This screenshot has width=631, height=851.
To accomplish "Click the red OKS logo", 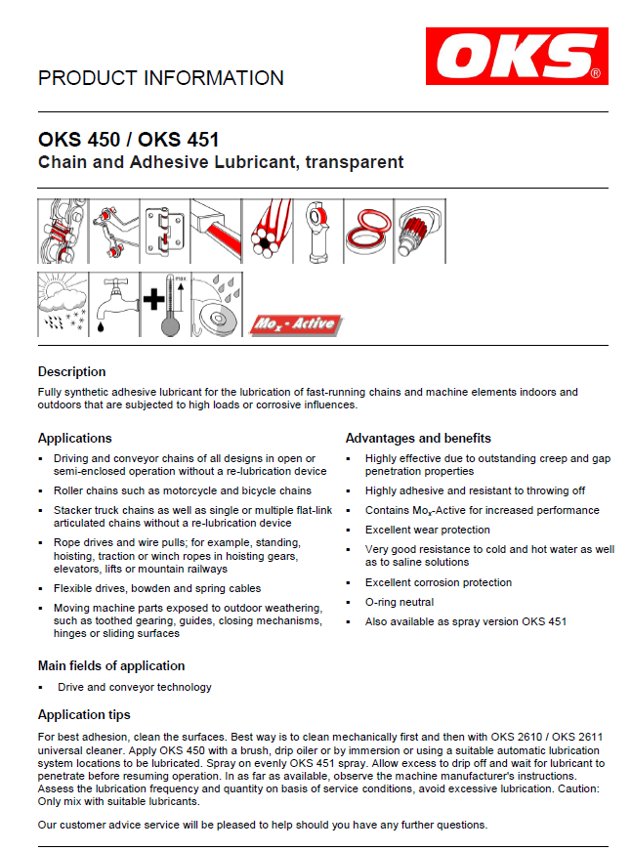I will coord(517,56).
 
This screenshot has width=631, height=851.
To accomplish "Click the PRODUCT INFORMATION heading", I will coord(161,78).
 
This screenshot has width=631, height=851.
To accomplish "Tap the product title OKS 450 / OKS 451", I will coord(128,140).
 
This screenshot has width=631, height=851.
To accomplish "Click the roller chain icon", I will coord(63,232).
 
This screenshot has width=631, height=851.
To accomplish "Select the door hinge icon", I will coord(165,232).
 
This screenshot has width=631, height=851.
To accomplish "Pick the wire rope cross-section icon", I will coord(268,232).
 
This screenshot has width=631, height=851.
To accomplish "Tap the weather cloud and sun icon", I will coord(63,304).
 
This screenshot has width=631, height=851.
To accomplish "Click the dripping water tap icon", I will coord(114,304).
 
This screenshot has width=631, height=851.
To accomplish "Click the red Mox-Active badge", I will coord(294,323).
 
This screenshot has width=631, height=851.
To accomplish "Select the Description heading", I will coord(71,371).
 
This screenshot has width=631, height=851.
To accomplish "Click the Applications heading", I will coord(74,438).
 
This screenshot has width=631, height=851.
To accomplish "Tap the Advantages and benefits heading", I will coord(418,438).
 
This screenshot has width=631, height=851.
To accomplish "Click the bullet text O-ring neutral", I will coord(399,602).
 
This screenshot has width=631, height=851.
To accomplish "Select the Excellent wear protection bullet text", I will coord(427,530).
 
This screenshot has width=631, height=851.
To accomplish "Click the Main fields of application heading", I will coord(110,665).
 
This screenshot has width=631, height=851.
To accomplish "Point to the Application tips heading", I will coord(83,714).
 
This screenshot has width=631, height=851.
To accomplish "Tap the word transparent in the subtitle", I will coord(354,162).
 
